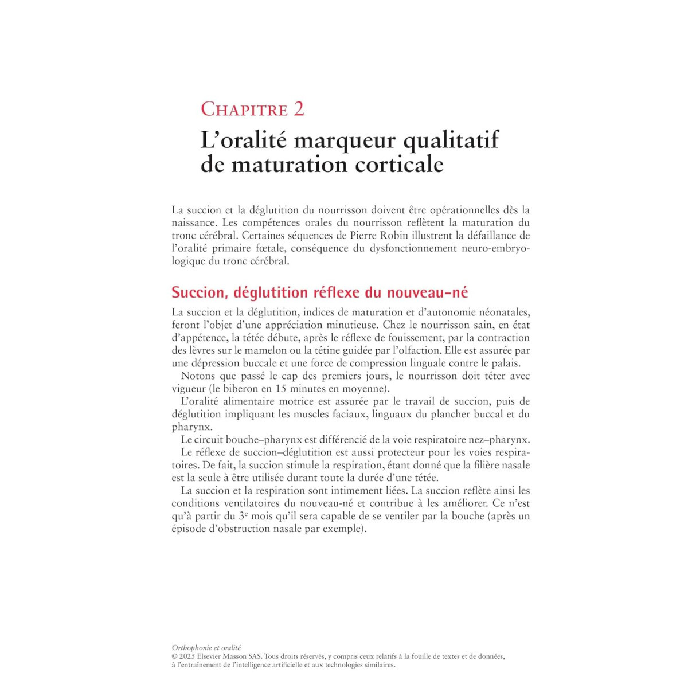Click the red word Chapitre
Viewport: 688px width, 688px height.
244,109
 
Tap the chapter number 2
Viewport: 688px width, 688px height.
299,109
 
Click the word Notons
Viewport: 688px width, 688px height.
197,376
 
